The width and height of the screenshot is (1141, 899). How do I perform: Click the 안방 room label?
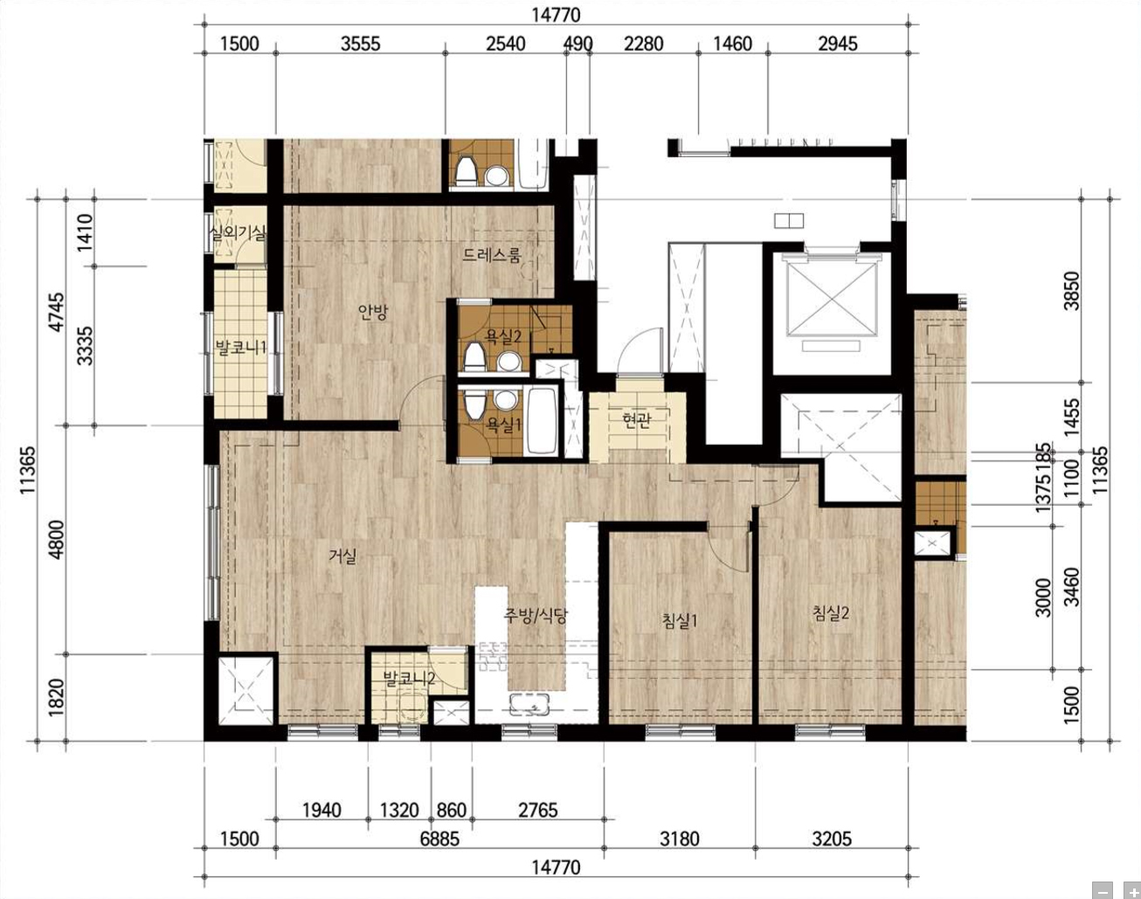click(x=373, y=313)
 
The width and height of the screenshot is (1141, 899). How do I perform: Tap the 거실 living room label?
click(x=343, y=556)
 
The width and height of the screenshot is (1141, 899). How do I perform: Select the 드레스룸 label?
click(x=492, y=255)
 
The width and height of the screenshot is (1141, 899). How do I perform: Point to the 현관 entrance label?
click(x=637, y=420)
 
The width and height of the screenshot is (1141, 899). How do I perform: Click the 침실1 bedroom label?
click(x=680, y=621)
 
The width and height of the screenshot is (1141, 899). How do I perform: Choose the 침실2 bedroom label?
click(x=831, y=613)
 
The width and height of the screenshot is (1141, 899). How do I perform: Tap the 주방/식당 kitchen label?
click(x=536, y=615)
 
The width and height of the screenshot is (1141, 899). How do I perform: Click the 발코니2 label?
click(x=409, y=678)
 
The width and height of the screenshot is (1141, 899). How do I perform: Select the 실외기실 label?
click(x=238, y=232)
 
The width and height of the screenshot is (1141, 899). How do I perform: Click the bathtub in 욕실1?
click(x=542, y=420)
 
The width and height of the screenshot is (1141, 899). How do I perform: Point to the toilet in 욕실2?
click(x=474, y=356)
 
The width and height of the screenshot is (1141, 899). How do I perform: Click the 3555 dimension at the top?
click(x=361, y=44)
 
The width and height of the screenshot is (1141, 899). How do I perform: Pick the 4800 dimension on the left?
click(x=55, y=539)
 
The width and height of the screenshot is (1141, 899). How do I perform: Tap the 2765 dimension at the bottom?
click(x=537, y=811)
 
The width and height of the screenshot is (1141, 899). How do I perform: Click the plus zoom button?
click(x=1132, y=890)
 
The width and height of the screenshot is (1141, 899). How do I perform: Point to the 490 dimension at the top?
click(x=577, y=44)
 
